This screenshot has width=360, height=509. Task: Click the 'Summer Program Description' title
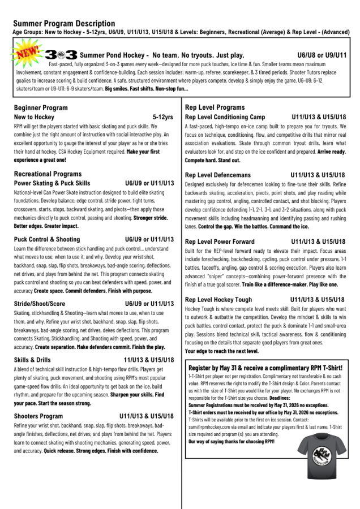pyautogui.click(x=64, y=24)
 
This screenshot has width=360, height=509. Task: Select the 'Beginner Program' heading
pyautogui.click(x=41, y=107)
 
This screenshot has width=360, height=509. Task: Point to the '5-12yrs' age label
pyautogui.click(x=163, y=117)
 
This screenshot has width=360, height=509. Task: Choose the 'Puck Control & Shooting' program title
pyautogui.click(x=47, y=239)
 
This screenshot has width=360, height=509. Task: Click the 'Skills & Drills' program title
pyautogui.click(x=32, y=360)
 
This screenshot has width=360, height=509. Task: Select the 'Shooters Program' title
pyautogui.click(x=38, y=416)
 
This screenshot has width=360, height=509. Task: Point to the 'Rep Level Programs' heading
pyautogui.click(x=215, y=107)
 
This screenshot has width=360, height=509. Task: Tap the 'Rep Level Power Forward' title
pyautogui.click(x=220, y=241)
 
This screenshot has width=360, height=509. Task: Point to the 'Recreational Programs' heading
pyautogui.click(x=48, y=174)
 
